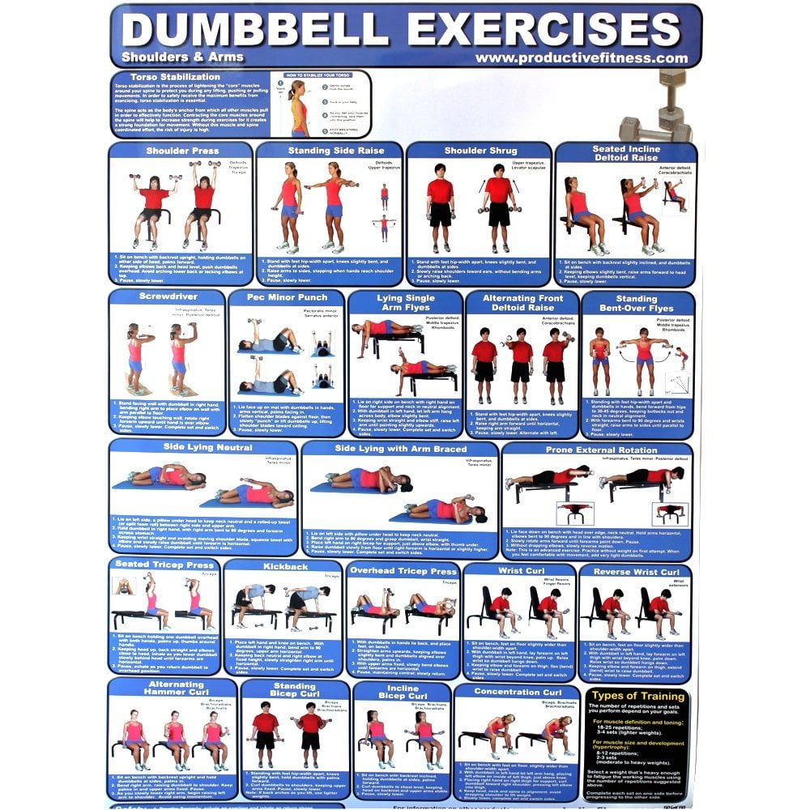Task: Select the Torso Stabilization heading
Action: (x=158, y=77)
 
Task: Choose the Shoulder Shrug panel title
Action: (x=480, y=151)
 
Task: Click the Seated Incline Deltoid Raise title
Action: (x=625, y=154)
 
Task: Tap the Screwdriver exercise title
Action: (x=168, y=296)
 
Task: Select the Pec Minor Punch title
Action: (x=287, y=297)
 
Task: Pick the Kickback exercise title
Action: (x=285, y=566)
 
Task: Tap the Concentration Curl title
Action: (x=518, y=692)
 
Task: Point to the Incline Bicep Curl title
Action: (x=403, y=692)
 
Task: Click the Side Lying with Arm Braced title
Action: (x=400, y=449)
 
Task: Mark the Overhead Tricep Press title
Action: (x=403, y=571)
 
